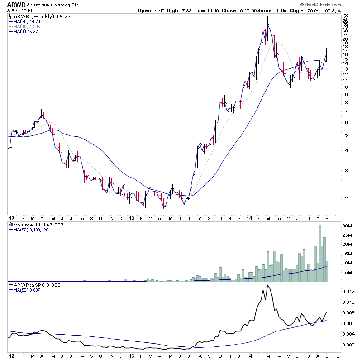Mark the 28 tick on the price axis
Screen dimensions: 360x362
tap(345, 16)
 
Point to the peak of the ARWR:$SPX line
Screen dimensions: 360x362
tap(267, 285)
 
